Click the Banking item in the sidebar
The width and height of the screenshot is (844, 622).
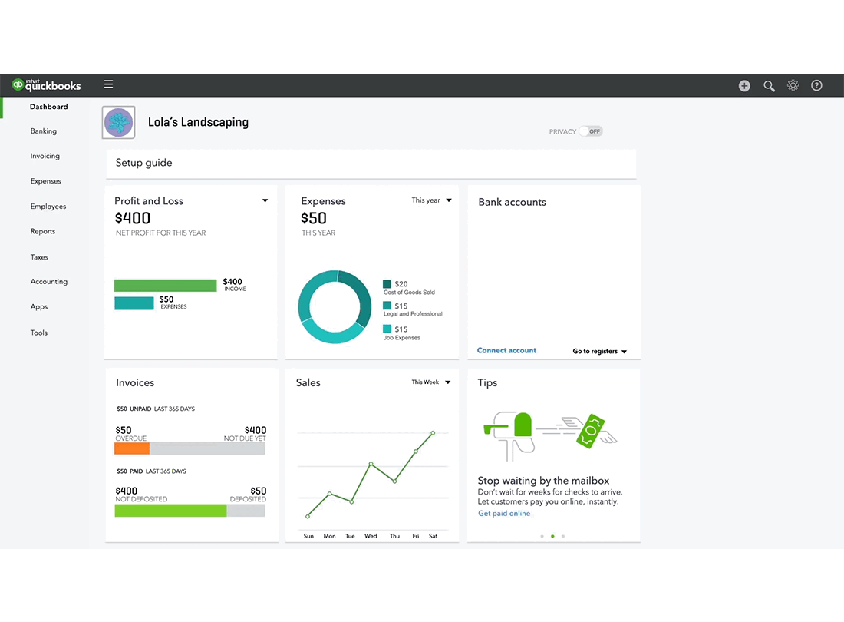tap(44, 131)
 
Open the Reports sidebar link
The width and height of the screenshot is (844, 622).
tap(43, 231)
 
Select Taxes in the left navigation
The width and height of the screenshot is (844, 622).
tap(39, 257)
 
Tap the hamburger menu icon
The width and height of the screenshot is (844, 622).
tap(108, 84)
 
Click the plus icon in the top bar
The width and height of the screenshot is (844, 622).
tap(744, 86)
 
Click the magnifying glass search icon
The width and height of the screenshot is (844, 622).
tap(769, 86)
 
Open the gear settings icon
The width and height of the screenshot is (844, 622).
tap(793, 85)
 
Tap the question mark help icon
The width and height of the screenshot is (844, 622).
tap(816, 85)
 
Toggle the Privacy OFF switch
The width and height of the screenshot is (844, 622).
tap(591, 131)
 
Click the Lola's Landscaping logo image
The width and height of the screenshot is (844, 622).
tap(119, 123)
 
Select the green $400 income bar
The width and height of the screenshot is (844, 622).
tap(165, 286)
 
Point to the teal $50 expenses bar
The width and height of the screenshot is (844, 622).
tap(134, 303)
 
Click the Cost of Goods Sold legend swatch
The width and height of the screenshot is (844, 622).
tap(387, 284)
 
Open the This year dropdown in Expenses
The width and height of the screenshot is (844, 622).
tap(431, 200)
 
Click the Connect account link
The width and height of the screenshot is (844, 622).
tap(506, 350)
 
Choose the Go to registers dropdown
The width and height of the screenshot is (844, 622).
tap(599, 352)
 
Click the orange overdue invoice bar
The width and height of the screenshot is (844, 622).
tap(132, 448)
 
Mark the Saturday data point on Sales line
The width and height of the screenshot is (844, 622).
tap(433, 433)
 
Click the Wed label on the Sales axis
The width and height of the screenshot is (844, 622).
tap(371, 536)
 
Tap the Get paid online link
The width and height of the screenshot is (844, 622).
tap(504, 514)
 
